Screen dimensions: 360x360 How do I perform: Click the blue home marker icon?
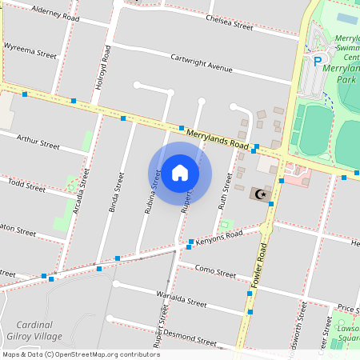click(180, 173)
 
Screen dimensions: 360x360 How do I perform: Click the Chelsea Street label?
click(229, 22)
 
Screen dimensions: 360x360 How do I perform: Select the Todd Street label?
click(26, 186)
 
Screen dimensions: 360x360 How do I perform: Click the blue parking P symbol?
click(317, 60)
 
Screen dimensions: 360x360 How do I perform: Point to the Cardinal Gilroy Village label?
click(38, 330)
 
